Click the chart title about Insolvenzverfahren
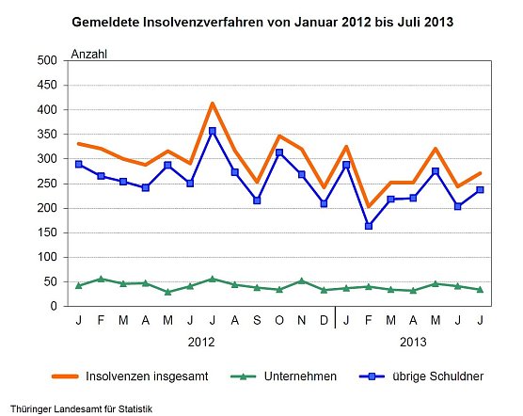pos(261,20)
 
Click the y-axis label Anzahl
pos(89,54)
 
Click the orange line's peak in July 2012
pos(213,104)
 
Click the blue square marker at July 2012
pos(213,131)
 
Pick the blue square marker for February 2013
pos(369,226)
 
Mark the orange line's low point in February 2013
pos(369,206)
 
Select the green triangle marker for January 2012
pos(79,285)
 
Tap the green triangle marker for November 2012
pos(302,280)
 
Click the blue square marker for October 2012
pos(279,152)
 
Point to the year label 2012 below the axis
pos(201,342)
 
